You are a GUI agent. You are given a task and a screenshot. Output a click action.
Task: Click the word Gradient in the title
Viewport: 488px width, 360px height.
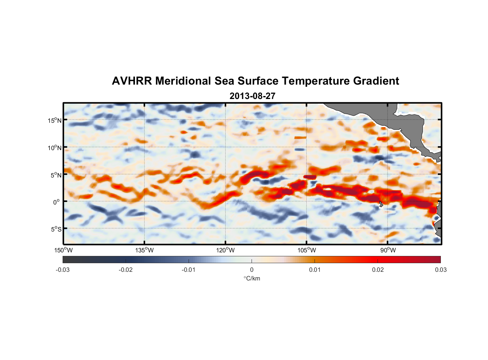(376, 81)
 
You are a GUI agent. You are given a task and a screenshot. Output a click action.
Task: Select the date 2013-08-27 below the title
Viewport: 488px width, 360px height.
(252, 96)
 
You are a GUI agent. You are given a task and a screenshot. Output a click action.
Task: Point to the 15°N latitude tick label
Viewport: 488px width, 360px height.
(55, 120)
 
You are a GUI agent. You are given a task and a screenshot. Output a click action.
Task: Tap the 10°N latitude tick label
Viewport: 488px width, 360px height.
(55, 148)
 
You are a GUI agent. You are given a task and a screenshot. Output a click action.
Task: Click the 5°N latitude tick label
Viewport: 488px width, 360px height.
(56, 175)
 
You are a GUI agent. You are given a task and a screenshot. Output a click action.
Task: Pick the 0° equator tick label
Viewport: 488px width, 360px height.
(57, 202)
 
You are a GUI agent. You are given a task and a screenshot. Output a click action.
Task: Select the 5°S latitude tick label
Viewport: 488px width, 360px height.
(56, 229)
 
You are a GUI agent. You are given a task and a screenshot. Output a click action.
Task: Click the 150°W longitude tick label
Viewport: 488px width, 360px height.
(63, 250)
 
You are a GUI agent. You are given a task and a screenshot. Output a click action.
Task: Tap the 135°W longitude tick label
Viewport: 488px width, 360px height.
(145, 250)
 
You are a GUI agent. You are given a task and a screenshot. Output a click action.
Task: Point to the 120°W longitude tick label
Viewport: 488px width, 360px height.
(226, 250)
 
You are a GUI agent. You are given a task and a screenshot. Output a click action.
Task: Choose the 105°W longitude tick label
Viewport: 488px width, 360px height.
(307, 250)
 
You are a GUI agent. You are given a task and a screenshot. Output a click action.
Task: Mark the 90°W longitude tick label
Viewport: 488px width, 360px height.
(388, 250)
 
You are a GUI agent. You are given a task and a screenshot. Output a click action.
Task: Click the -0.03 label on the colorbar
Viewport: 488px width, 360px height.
(63, 270)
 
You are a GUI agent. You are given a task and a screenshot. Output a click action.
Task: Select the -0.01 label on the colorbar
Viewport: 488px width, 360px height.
(189, 270)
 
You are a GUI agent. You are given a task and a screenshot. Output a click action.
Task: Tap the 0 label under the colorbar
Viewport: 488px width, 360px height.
(252, 270)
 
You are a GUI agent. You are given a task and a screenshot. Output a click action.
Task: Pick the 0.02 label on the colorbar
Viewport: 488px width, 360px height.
(378, 270)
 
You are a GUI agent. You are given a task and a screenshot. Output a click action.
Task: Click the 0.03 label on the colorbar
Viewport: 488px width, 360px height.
(440, 270)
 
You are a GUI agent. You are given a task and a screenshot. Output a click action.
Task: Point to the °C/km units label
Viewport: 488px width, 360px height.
(252, 278)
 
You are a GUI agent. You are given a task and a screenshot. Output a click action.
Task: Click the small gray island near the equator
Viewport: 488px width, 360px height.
(381, 204)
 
